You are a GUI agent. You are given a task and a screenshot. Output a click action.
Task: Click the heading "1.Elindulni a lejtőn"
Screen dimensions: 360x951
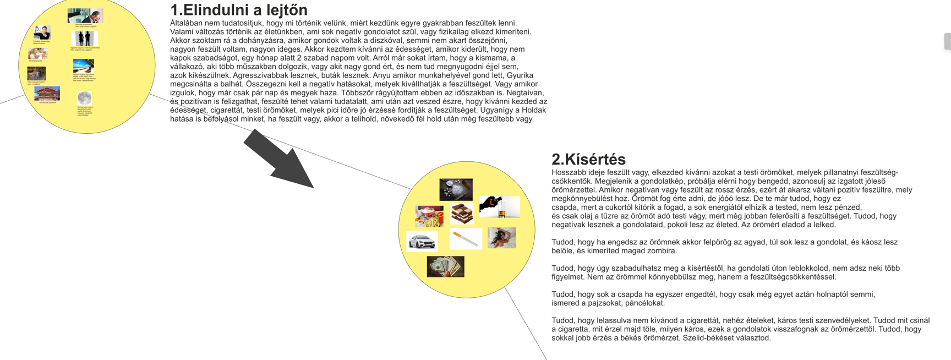[x=238, y=10]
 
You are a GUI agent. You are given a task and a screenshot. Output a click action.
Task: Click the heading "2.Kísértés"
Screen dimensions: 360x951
[x=588, y=159]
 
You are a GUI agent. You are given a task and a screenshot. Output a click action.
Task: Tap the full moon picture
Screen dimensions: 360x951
[x=84, y=98]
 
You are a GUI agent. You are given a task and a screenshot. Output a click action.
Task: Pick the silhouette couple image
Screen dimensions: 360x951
[x=84, y=39]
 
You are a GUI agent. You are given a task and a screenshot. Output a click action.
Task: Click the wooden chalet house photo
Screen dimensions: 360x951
[x=47, y=94]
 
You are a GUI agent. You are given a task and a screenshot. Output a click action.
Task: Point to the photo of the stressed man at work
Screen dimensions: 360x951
[x=85, y=16]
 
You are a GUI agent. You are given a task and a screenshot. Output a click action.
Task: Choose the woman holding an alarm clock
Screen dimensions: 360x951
[x=42, y=32]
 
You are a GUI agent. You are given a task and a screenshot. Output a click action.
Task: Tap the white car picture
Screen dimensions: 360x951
[x=422, y=241]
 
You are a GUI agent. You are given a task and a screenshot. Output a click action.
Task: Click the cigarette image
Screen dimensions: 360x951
[x=466, y=239]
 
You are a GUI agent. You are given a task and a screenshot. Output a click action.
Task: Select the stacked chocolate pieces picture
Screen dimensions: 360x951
[x=462, y=213]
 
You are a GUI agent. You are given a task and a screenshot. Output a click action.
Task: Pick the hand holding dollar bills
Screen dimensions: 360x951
[x=445, y=266]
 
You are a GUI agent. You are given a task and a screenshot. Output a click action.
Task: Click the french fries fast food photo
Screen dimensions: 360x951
[x=429, y=216]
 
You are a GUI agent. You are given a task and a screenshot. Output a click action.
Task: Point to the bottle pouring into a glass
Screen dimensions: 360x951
[x=499, y=206]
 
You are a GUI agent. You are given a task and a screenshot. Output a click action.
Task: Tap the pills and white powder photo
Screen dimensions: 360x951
[x=456, y=189]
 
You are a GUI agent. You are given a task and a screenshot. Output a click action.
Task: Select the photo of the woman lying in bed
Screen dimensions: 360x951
[x=501, y=238]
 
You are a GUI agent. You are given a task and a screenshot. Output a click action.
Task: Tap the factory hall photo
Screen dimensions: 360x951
[x=36, y=73]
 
